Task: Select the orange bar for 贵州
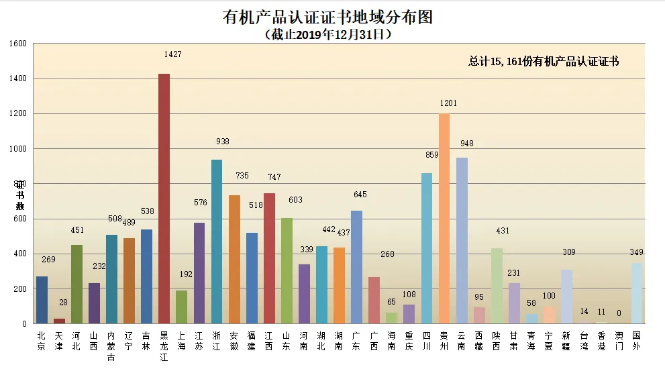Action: click(444, 219)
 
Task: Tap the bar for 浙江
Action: click(216, 242)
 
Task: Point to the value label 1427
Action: click(172, 54)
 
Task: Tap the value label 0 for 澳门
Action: click(619, 313)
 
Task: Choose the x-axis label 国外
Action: click(636, 341)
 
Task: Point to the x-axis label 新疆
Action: click(566, 341)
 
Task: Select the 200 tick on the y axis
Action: click(19, 289)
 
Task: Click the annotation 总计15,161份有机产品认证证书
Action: click(543, 62)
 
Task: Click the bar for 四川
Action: click(427, 248)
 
